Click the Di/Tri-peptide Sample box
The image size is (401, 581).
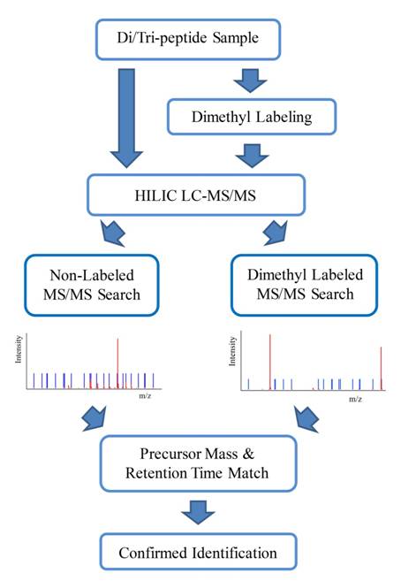point(188,39)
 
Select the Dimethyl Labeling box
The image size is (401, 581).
point(252,117)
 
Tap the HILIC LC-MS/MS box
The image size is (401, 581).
point(196,195)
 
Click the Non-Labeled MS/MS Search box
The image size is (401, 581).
point(92,285)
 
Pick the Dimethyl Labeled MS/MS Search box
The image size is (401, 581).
point(305,285)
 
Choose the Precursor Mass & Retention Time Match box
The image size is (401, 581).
point(198,463)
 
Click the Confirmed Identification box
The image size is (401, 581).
point(198,553)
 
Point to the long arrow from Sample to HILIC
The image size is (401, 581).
point(126,118)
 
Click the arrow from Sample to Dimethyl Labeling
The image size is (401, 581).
point(251,80)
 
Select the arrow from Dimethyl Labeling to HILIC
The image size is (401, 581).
point(252,156)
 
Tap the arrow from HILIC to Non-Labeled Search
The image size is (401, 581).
point(113,233)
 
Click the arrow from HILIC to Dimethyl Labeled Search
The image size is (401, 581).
point(276,233)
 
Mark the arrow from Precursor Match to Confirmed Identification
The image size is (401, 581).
point(198,512)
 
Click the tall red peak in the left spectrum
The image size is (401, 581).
point(117,363)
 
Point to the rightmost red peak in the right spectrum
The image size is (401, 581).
point(381,368)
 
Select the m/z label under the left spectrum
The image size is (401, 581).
point(145,395)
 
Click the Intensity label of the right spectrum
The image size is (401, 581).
point(232,351)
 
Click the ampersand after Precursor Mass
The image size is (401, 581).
point(248,454)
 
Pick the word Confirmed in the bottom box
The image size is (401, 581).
point(154,553)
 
